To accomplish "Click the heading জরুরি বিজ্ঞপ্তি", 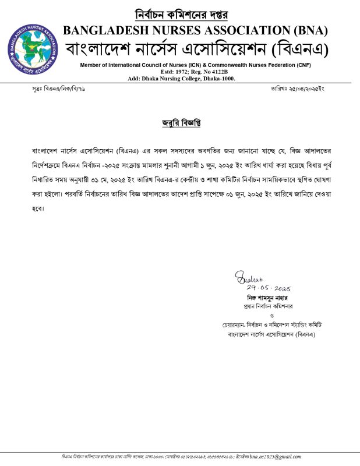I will pos(180,123).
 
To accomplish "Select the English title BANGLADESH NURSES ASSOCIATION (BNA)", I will pos(195,30).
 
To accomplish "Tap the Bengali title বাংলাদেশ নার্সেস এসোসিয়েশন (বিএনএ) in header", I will pos(196,48).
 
